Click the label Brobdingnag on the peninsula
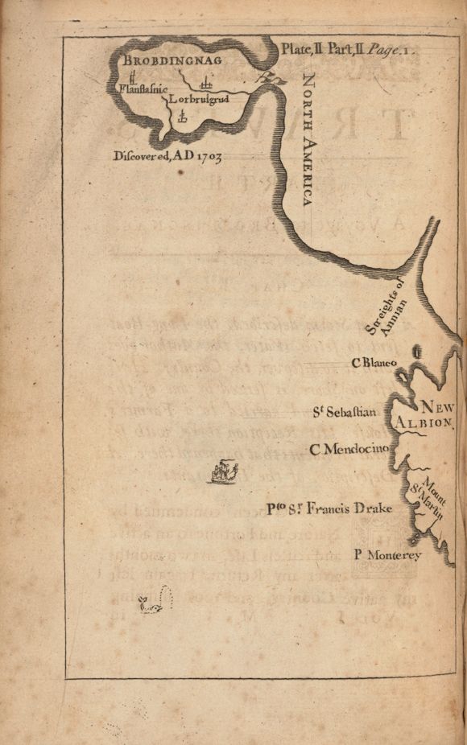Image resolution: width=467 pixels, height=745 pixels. click(172, 60)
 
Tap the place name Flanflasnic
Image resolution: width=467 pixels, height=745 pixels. click(142, 92)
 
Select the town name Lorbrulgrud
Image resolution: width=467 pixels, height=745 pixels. click(199, 101)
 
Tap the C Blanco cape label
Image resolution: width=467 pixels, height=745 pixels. click(374, 363)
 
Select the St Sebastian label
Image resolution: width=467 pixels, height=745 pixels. click(345, 413)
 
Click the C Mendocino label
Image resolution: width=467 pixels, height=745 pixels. click(349, 448)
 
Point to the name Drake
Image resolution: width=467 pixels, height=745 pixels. click(366, 508)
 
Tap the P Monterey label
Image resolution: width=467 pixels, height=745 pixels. click(387, 554)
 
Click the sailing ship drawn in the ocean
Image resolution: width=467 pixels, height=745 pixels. click(224, 471)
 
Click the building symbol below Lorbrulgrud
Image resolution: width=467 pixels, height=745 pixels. click(181, 117)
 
